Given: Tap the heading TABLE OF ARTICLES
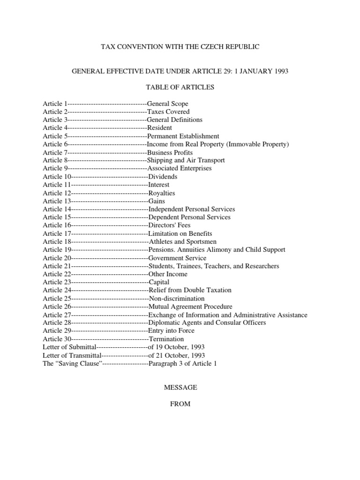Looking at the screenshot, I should pyautogui.click(x=180, y=87).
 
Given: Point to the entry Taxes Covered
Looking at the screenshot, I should pyautogui.click(x=168, y=112).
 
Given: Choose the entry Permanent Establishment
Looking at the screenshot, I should pyautogui.click(x=183, y=136).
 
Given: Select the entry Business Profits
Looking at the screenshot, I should pyautogui.click(x=170, y=152).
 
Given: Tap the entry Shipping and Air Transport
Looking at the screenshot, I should pyautogui.click(x=186, y=160).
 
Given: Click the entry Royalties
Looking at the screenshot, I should pyautogui.click(x=162, y=193).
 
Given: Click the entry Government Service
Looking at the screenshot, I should pyautogui.click(x=177, y=258).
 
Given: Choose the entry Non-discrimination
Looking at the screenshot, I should pyautogui.click(x=177, y=299).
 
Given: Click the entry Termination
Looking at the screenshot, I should pyautogui.click(x=166, y=339).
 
